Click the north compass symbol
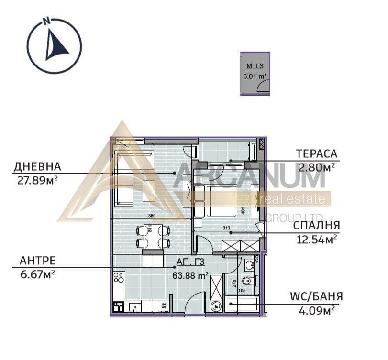(54, 45)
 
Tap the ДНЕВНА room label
(37, 167)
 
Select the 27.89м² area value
(37, 179)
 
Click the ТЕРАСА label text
(316, 154)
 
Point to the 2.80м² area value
(316, 167)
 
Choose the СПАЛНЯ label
(316, 225)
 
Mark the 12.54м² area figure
(316, 239)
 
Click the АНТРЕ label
(37, 261)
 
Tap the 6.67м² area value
(37, 273)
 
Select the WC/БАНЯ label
(316, 297)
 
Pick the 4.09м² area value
(316, 310)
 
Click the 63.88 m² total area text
(190, 275)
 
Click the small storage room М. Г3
(255, 74)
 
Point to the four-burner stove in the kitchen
(119, 278)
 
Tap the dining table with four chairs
(153, 236)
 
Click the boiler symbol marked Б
(216, 306)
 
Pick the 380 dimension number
(152, 216)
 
